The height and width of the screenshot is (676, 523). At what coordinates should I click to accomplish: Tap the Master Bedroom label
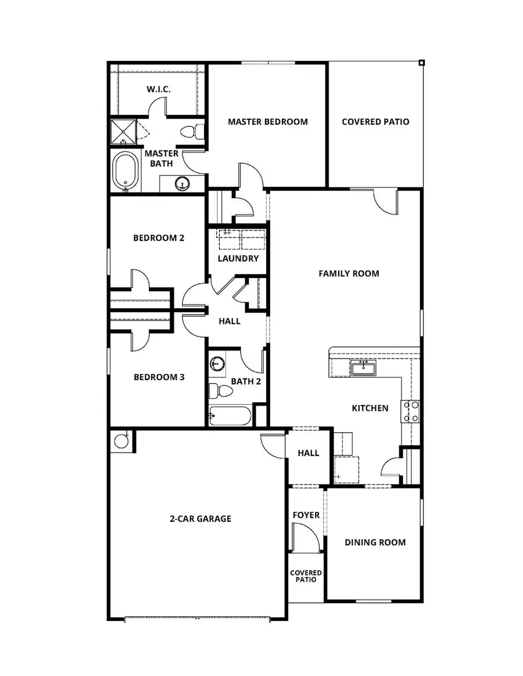(x=267, y=122)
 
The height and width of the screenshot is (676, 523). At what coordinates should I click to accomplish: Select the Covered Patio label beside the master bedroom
(x=375, y=122)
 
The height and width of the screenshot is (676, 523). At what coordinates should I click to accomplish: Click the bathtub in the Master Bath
(x=125, y=171)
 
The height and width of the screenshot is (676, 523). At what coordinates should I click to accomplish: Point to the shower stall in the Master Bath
(x=123, y=131)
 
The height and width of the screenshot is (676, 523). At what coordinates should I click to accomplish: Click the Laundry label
(x=238, y=258)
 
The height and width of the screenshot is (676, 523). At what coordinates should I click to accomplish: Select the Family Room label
(x=349, y=273)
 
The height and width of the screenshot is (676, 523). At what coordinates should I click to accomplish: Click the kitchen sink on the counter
(x=363, y=368)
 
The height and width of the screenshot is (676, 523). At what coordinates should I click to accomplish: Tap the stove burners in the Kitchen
(x=411, y=411)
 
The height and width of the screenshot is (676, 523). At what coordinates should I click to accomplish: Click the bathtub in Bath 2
(x=230, y=416)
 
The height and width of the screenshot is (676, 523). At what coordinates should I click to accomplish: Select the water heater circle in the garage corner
(x=121, y=441)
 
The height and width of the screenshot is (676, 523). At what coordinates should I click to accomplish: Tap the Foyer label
(x=306, y=515)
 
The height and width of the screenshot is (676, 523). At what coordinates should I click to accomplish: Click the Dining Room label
(x=375, y=543)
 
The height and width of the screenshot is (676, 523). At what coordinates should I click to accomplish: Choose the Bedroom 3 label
(x=159, y=377)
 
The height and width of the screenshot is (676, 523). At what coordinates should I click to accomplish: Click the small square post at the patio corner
(x=422, y=63)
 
